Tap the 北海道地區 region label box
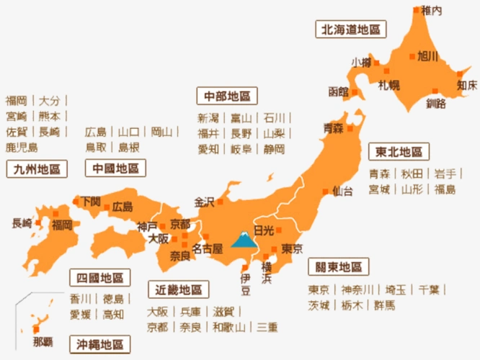[x=351, y=30]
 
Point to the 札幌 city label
[x=389, y=85]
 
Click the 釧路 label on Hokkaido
[x=436, y=103]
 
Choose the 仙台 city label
[x=343, y=192]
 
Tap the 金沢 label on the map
[x=204, y=202]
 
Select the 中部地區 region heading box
[x=227, y=96]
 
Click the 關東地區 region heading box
[x=338, y=267]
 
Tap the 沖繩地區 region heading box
[x=100, y=343]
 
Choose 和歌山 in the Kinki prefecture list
[x=228, y=327]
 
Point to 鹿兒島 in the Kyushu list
[x=22, y=147]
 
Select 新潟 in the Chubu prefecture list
[x=208, y=118]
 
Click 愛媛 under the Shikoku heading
[x=80, y=314]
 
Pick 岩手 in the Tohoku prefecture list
[x=445, y=174]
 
